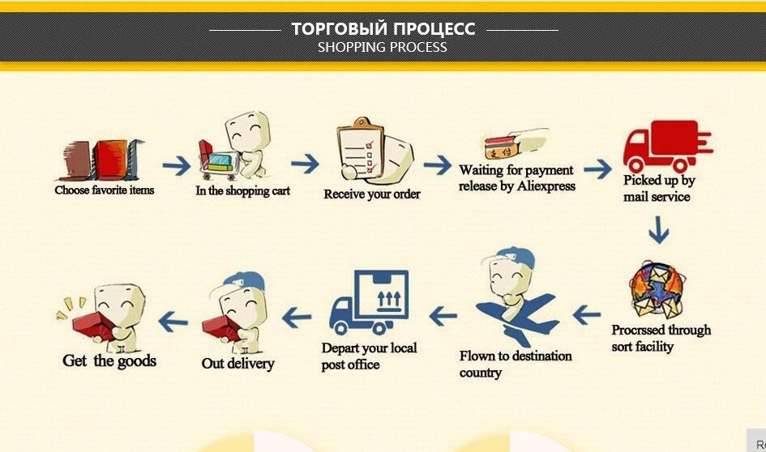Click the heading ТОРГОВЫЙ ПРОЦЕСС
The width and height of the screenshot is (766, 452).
click(x=383, y=29)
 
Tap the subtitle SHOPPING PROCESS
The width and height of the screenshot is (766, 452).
click(x=382, y=47)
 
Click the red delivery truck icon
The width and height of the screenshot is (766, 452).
click(x=665, y=146)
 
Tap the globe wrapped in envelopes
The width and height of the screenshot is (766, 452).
click(x=657, y=290)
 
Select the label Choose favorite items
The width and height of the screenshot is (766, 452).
click(x=104, y=190)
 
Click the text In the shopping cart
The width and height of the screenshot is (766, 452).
click(x=242, y=191)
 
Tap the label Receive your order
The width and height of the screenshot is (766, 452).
click(x=372, y=194)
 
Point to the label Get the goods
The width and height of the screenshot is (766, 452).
click(x=109, y=360)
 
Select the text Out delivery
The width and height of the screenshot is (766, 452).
click(x=238, y=364)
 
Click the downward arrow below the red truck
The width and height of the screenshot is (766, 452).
click(x=658, y=233)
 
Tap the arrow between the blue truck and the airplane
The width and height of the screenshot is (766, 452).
click(x=443, y=314)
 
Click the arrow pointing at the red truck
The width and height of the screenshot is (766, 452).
click(x=597, y=169)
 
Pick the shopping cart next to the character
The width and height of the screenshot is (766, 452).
click(x=217, y=157)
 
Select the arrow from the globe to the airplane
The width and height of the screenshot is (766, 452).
click(x=586, y=314)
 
